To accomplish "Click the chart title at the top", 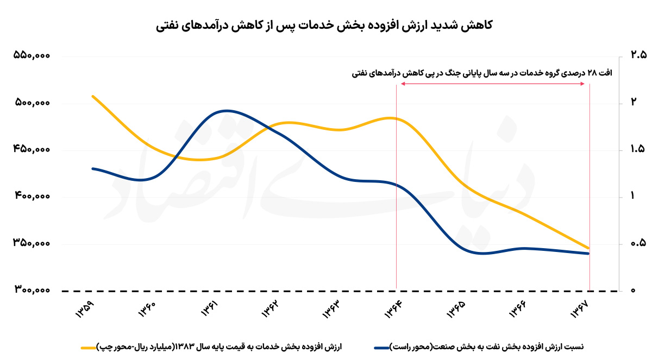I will pos(325,25).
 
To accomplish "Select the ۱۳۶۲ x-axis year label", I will pos(269,311).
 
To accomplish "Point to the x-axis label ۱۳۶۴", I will pos(393,311).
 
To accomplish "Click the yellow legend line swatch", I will pos(89,346).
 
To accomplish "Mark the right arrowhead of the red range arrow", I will pos(586,84).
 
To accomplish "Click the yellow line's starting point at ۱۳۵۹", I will pos(93,97).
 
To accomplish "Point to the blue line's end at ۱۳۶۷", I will pos(589,254).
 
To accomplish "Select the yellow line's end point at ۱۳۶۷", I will pos(589,248).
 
